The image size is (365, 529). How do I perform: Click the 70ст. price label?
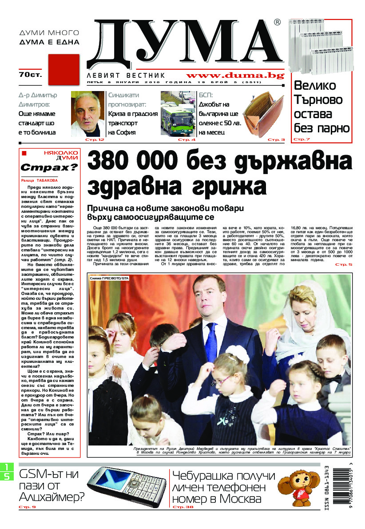click(30, 75)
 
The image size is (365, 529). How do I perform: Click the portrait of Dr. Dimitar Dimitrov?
click(87, 114)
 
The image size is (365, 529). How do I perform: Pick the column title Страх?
click(49, 168)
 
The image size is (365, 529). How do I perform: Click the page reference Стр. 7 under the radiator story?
click(302, 139)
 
